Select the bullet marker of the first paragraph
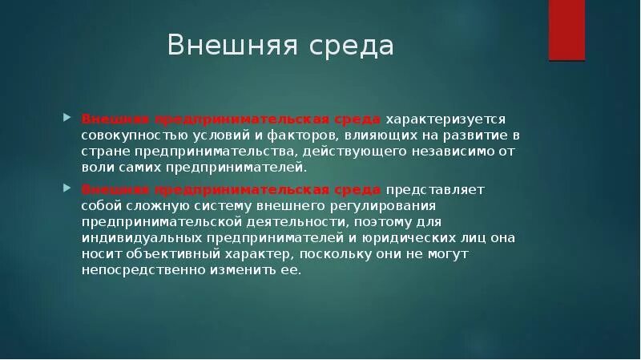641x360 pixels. click(x=66, y=117)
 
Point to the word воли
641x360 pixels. click(x=97, y=168)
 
